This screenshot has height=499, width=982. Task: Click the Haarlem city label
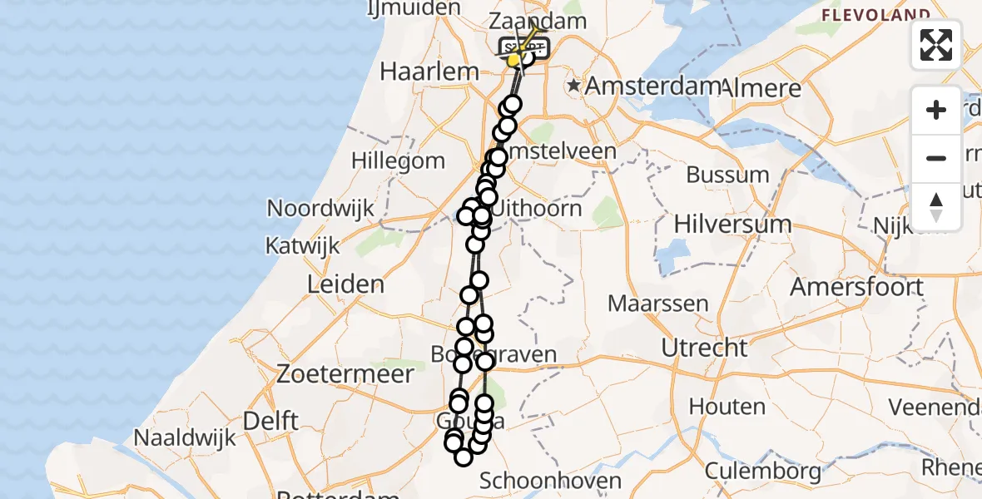point(429,72)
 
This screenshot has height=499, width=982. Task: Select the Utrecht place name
point(705,348)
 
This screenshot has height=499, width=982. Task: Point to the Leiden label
point(345,284)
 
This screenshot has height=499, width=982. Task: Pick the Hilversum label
point(732,224)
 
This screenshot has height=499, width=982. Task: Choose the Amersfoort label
point(856,288)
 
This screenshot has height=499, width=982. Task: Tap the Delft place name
point(272,421)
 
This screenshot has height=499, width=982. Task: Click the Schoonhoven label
point(551,481)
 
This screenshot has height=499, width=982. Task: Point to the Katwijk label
point(303,246)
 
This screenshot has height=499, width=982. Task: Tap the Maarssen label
point(657,304)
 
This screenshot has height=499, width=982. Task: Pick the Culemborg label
point(763,472)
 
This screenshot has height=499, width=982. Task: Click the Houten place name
point(732,407)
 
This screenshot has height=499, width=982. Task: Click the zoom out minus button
point(936,158)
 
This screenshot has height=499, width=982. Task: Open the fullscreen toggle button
point(936,45)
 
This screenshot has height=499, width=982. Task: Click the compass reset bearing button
point(936,206)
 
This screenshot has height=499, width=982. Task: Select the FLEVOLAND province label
point(875,15)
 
